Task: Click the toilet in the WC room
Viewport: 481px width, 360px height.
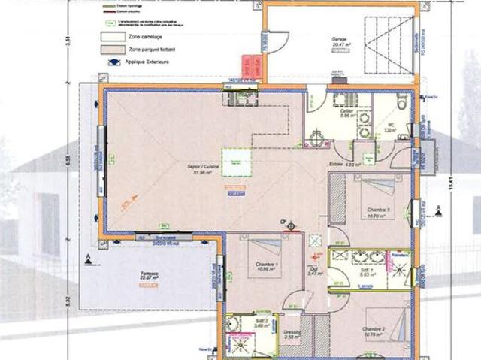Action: pyautogui.click(x=400, y=104)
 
